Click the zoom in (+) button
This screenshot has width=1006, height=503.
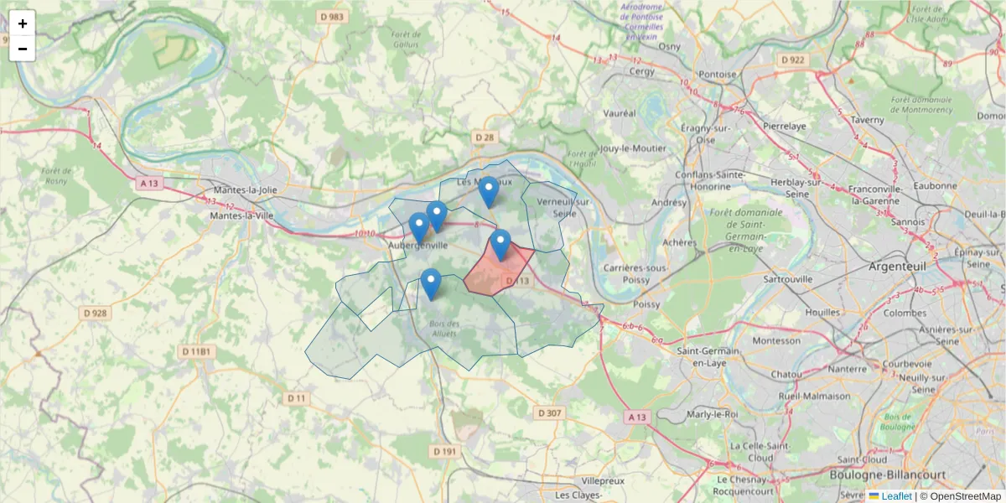[23, 23]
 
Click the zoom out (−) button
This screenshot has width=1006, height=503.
[23, 49]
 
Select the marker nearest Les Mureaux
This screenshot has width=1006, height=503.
[488, 192]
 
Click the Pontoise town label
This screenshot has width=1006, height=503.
[718, 74]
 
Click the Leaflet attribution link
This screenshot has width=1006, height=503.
[895, 496]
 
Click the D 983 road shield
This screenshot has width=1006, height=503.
[332, 16]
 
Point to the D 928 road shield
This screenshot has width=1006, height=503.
[96, 313]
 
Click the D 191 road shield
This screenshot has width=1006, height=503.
[445, 451]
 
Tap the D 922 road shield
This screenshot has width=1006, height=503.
[791, 60]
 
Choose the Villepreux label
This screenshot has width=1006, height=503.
[603, 482]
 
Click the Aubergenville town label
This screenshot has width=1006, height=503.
[419, 245]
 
